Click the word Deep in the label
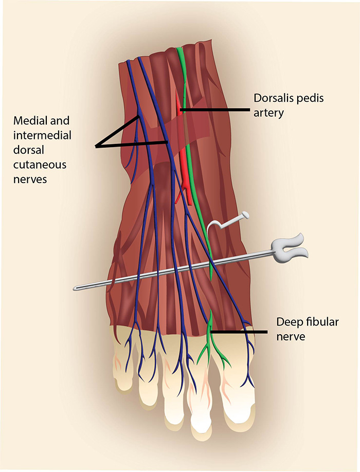click(x=287, y=323)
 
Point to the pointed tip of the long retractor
click(x=77, y=287)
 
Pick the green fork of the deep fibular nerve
click(x=209, y=339)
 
